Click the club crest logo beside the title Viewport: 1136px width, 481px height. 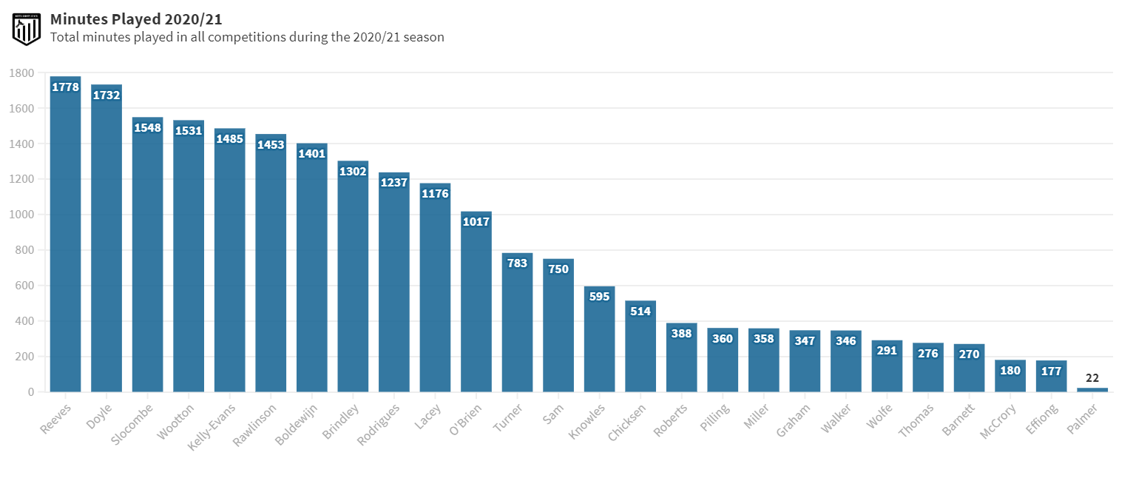coord(27,28)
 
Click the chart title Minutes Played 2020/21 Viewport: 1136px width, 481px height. coord(136,19)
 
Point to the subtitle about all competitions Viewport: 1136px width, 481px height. coord(247,37)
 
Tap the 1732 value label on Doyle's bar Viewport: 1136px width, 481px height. coord(106,95)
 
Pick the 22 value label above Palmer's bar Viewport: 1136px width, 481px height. coord(1092,378)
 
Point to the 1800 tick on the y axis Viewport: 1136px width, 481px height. coord(22,73)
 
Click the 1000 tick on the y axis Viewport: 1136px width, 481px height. coord(22,215)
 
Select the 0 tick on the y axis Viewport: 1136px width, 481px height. coord(31,392)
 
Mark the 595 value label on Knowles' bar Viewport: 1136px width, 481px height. coord(599,297)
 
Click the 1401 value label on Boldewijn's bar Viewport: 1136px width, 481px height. coord(312,154)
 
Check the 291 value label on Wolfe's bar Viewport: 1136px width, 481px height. coord(887,351)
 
